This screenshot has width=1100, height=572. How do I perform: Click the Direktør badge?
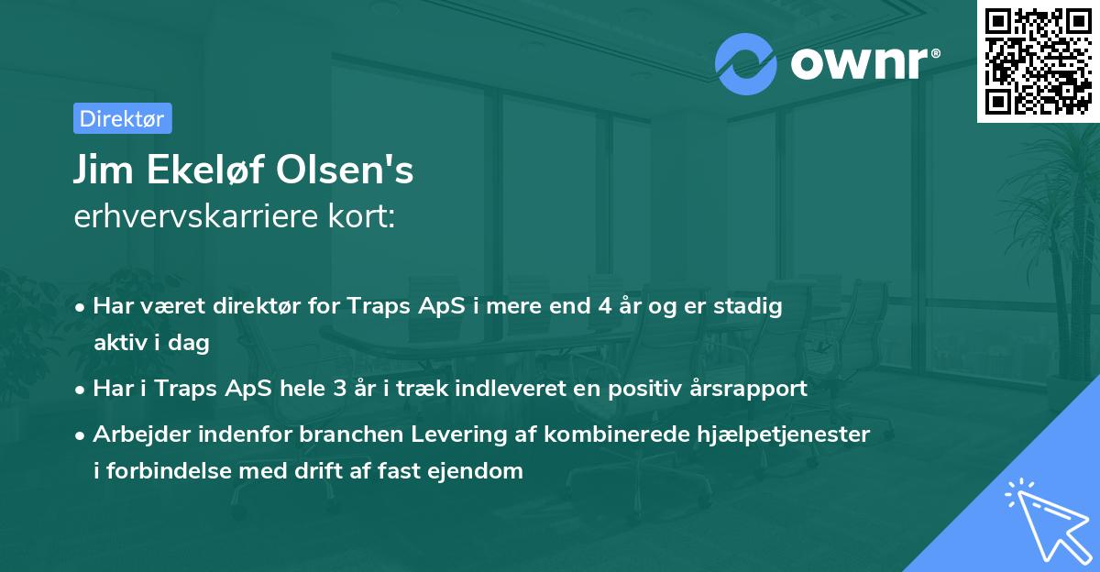click(x=122, y=118)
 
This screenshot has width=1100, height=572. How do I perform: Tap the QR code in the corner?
click(x=1038, y=60)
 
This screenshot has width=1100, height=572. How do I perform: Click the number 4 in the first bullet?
click(x=604, y=307)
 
